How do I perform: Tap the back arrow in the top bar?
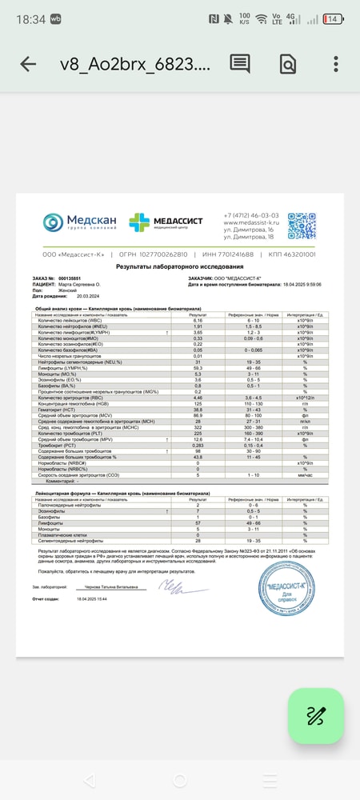pos(28,64)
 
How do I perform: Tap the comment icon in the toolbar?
pos(240,64)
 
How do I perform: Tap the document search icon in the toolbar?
pos(288,64)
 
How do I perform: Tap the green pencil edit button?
pos(315,716)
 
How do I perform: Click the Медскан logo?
pos(80,222)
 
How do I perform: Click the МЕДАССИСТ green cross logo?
pos(166,222)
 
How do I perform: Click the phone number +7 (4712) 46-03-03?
pos(251,215)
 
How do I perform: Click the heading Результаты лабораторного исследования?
pos(179,266)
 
